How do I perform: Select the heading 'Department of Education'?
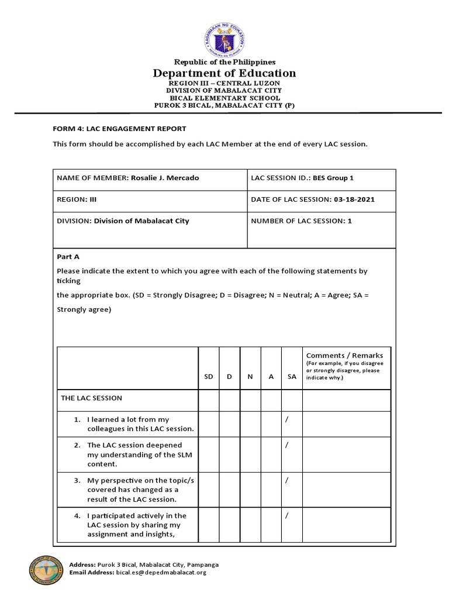224,73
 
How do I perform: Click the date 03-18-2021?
354,199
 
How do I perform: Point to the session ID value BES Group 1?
333,178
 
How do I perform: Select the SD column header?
209,377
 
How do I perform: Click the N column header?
250,377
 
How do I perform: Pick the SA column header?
292,377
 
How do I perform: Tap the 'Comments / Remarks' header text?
344,355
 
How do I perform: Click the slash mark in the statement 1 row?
287,420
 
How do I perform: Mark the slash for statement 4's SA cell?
287,516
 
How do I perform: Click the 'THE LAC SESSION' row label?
92,398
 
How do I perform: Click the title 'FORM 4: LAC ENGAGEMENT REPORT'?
119,128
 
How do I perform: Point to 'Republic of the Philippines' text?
224,61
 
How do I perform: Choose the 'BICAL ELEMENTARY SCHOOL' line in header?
224,98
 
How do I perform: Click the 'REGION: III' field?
77,199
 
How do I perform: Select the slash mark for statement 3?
287,480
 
